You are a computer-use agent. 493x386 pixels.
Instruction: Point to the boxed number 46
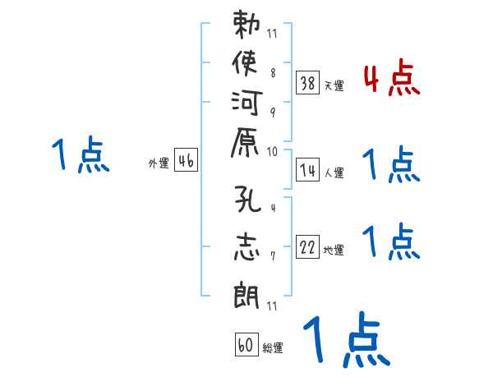click(x=186, y=161)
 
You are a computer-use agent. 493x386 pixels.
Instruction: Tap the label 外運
click(x=158, y=163)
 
